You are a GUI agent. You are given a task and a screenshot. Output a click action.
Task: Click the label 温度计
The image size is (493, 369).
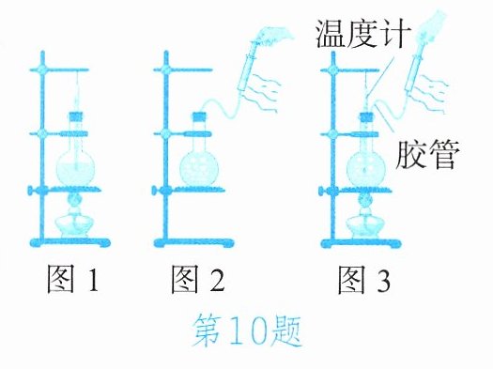coord(363,34)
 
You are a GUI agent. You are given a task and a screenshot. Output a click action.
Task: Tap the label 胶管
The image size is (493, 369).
coord(427,155)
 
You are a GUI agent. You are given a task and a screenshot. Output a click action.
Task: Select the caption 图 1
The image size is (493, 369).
coord(72,280)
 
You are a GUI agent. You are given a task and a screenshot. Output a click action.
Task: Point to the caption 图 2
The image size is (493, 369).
coord(197,280)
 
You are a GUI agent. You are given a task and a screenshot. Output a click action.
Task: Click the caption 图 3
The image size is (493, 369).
coord(363,280)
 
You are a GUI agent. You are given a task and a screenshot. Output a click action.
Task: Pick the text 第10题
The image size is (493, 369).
coord(247,331)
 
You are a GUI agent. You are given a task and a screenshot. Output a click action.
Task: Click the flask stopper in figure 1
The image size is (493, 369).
coord(76,116)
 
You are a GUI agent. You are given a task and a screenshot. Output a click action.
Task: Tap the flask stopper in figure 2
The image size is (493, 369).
coord(199,116)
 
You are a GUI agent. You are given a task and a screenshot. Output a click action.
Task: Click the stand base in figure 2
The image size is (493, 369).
coord(193,243)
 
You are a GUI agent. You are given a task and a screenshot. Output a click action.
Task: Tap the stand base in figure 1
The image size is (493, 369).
coord(70,243)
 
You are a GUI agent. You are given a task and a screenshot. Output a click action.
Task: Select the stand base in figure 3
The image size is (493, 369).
coord(361,243)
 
